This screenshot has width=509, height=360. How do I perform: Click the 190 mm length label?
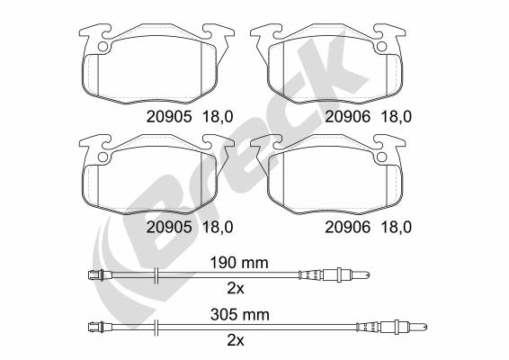239,263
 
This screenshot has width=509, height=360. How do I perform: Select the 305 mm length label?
240,315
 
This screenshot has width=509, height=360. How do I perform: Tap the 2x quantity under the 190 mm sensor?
236,289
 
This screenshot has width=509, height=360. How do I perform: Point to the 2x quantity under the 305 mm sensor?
236,340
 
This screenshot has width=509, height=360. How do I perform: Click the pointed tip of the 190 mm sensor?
369,275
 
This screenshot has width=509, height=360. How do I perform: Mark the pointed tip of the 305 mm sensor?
426,328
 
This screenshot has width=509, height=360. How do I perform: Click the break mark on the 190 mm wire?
156,275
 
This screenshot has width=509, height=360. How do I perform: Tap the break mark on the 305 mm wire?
156,328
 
